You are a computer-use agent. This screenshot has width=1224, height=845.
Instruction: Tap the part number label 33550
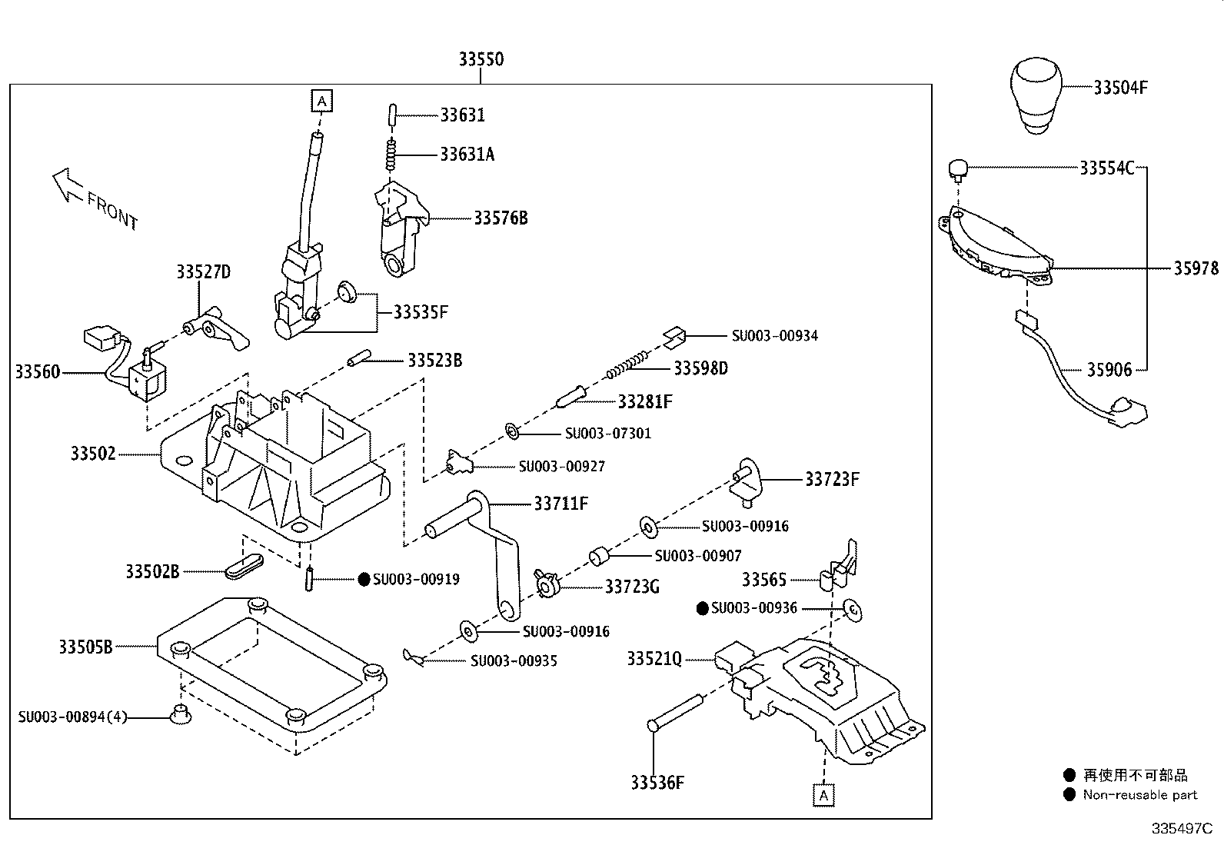point(481,59)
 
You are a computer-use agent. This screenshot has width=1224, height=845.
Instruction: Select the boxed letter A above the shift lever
point(321,100)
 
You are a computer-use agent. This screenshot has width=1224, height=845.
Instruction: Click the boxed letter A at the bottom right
point(823,795)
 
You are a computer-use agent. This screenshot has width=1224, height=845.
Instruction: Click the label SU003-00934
point(774,335)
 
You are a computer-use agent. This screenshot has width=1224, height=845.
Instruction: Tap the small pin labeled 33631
point(391,115)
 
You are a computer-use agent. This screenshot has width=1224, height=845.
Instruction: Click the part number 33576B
point(501,218)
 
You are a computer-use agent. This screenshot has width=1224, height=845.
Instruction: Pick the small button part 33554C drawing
point(957,168)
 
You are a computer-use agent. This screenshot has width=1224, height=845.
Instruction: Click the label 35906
point(1109,370)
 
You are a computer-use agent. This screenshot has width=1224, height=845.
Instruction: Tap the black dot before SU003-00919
point(364,579)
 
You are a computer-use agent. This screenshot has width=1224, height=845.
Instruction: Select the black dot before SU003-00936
point(702,608)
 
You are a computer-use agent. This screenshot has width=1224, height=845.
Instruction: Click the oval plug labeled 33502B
point(244,570)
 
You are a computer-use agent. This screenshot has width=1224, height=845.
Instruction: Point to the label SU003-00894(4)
point(73,717)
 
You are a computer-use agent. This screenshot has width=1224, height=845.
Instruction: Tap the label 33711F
point(560,504)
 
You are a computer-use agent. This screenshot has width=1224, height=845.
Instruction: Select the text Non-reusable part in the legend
point(1139,795)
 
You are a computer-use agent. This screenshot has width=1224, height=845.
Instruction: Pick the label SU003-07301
point(607,434)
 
